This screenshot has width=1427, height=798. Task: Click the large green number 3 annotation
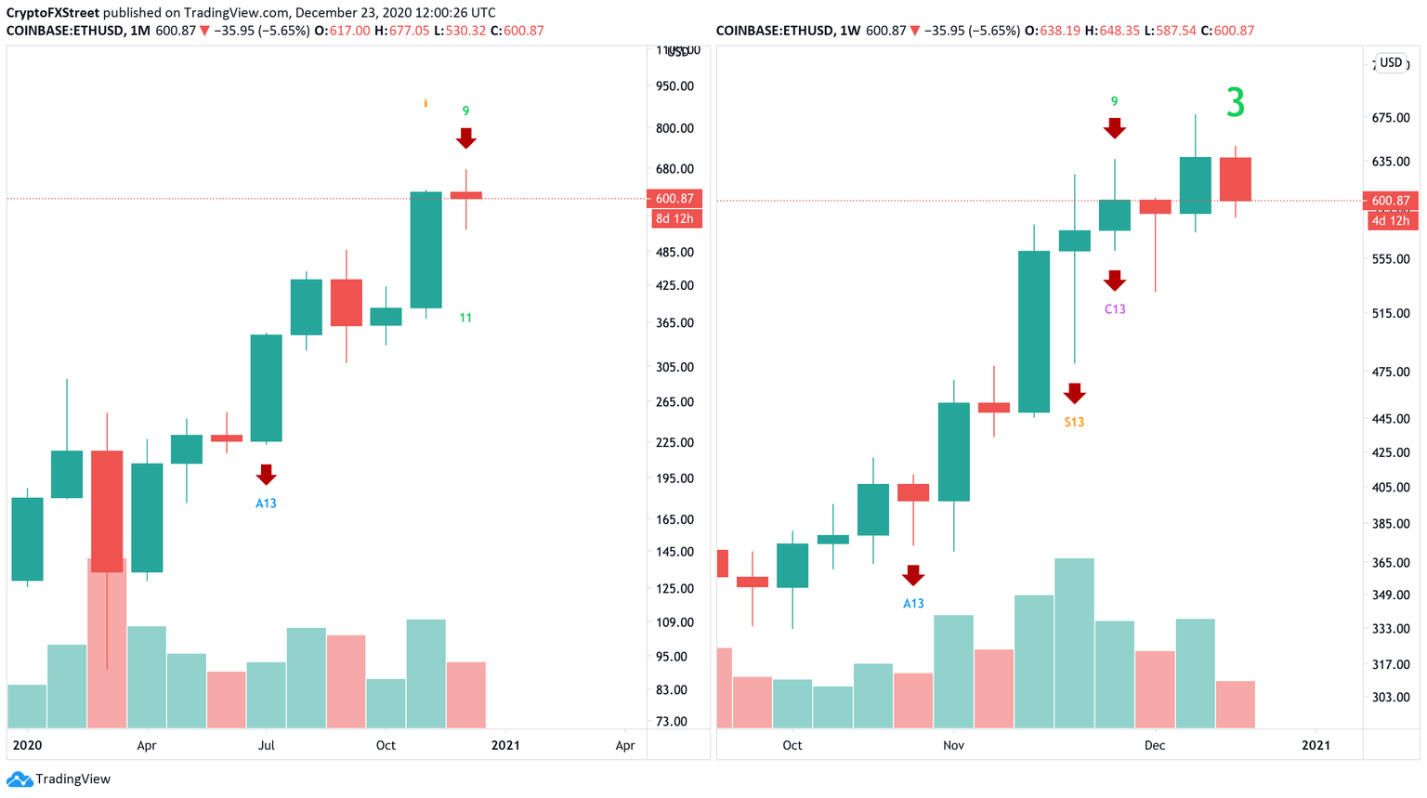1235,102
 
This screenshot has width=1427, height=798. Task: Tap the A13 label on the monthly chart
266,504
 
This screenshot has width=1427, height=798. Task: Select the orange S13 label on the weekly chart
1074,422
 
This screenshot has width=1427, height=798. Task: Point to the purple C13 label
1115,309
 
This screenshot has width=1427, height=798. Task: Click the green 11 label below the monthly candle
465,318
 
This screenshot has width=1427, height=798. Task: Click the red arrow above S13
1074,393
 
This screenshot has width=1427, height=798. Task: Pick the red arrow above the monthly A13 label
266,475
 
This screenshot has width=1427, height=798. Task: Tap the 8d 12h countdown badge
674,219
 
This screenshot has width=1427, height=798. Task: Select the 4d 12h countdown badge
1391,221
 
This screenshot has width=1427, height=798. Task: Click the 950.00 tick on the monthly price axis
674,86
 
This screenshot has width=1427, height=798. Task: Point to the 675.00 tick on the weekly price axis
1391,118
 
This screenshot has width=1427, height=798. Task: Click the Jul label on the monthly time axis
266,745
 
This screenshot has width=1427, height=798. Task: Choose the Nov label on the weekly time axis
953,745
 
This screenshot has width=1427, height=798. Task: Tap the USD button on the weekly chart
1391,63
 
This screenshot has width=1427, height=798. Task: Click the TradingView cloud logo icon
19,779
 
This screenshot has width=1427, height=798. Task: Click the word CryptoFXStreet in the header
53,13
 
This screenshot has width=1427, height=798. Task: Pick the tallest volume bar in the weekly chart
1074,643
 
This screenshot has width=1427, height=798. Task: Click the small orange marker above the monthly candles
425,103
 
